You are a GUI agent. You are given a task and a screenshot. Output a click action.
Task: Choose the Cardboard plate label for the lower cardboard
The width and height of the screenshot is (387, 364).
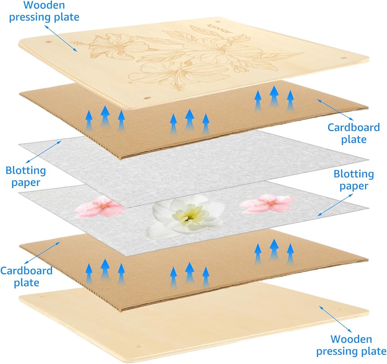click(26, 276)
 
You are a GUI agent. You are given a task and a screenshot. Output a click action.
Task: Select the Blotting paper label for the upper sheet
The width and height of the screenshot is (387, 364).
click(26, 176)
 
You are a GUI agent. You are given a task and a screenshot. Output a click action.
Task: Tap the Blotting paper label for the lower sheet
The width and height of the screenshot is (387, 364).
click(354, 180)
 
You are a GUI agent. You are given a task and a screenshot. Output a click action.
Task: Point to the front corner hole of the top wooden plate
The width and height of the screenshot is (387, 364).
click(147, 96)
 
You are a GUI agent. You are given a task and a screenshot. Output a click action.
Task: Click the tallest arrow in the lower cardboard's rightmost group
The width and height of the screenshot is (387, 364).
click(274, 249)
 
